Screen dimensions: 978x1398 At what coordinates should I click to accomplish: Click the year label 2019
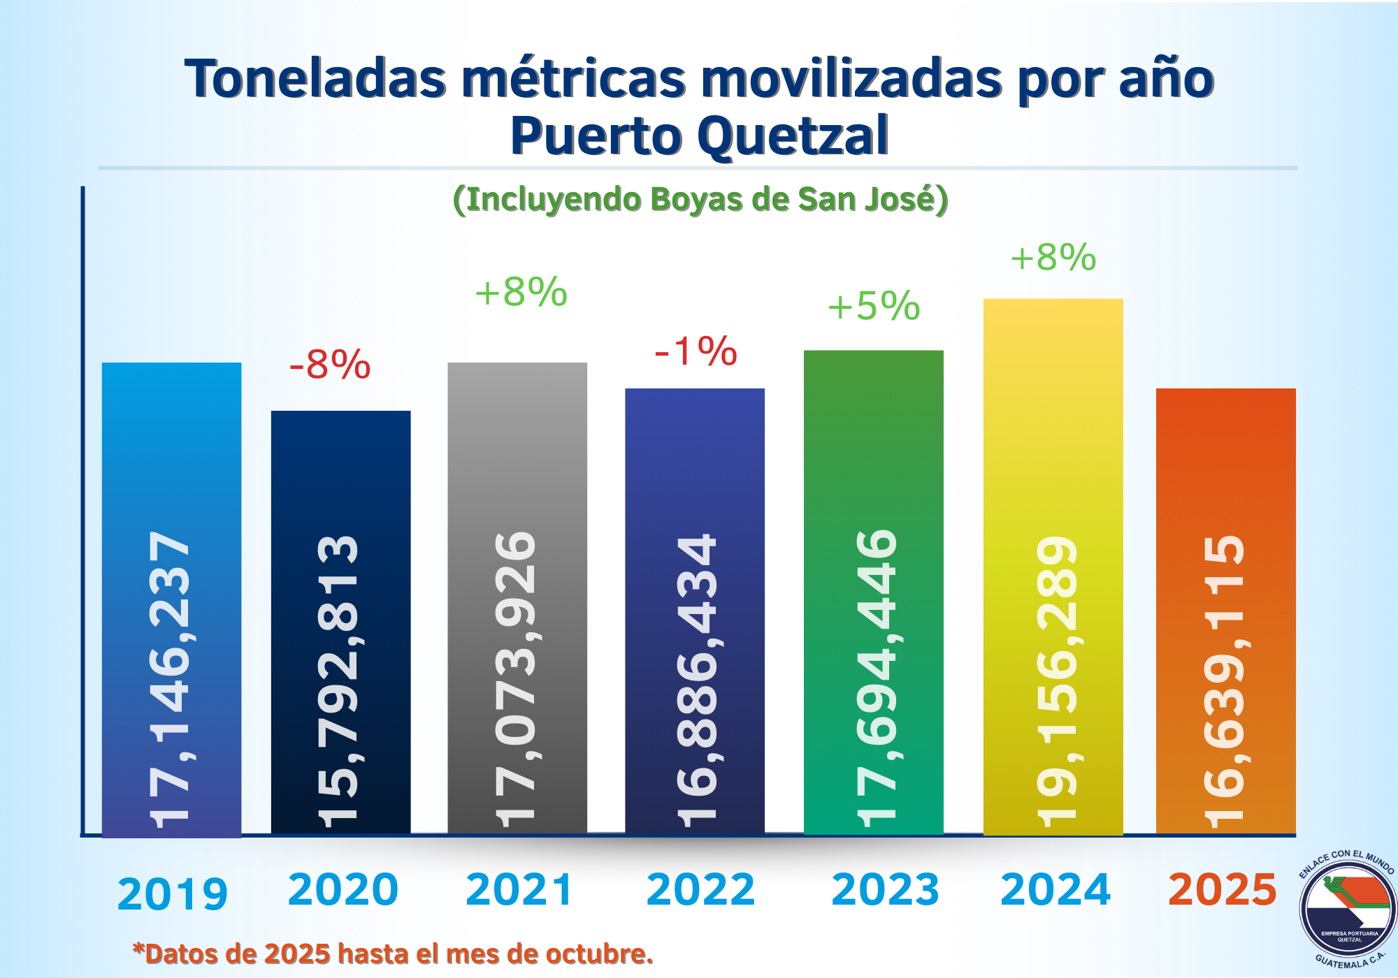pyautogui.click(x=173, y=894)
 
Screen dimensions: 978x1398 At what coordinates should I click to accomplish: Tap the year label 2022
pyautogui.click(x=700, y=890)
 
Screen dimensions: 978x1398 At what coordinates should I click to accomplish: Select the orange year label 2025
pyautogui.click(x=1223, y=890)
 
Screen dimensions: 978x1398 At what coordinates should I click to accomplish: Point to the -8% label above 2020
pyautogui.click(x=329, y=365)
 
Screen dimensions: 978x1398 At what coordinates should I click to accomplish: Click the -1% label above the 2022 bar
pyautogui.click(x=696, y=351)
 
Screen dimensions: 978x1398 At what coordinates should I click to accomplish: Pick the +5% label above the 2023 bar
pyautogui.click(x=874, y=307)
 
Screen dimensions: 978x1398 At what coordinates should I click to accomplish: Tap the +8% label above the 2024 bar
pyautogui.click(x=1053, y=258)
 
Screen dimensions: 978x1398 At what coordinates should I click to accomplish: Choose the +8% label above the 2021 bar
pyautogui.click(x=521, y=292)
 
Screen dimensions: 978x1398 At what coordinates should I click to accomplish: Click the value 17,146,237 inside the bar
pyautogui.click(x=170, y=678)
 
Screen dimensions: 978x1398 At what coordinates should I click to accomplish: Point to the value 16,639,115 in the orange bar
pyautogui.click(x=1225, y=681)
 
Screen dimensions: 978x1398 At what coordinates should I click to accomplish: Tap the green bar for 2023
pyautogui.click(x=874, y=433)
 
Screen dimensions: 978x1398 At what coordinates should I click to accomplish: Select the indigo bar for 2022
pyautogui.click(x=695, y=461)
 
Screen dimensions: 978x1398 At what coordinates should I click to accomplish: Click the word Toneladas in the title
pyautogui.click(x=315, y=79)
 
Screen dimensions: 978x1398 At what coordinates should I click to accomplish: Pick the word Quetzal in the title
pyautogui.click(x=793, y=136)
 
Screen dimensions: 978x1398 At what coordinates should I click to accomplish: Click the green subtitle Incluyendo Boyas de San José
pyautogui.click(x=700, y=200)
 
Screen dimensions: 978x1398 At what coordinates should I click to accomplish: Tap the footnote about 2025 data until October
pyautogui.click(x=393, y=954)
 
